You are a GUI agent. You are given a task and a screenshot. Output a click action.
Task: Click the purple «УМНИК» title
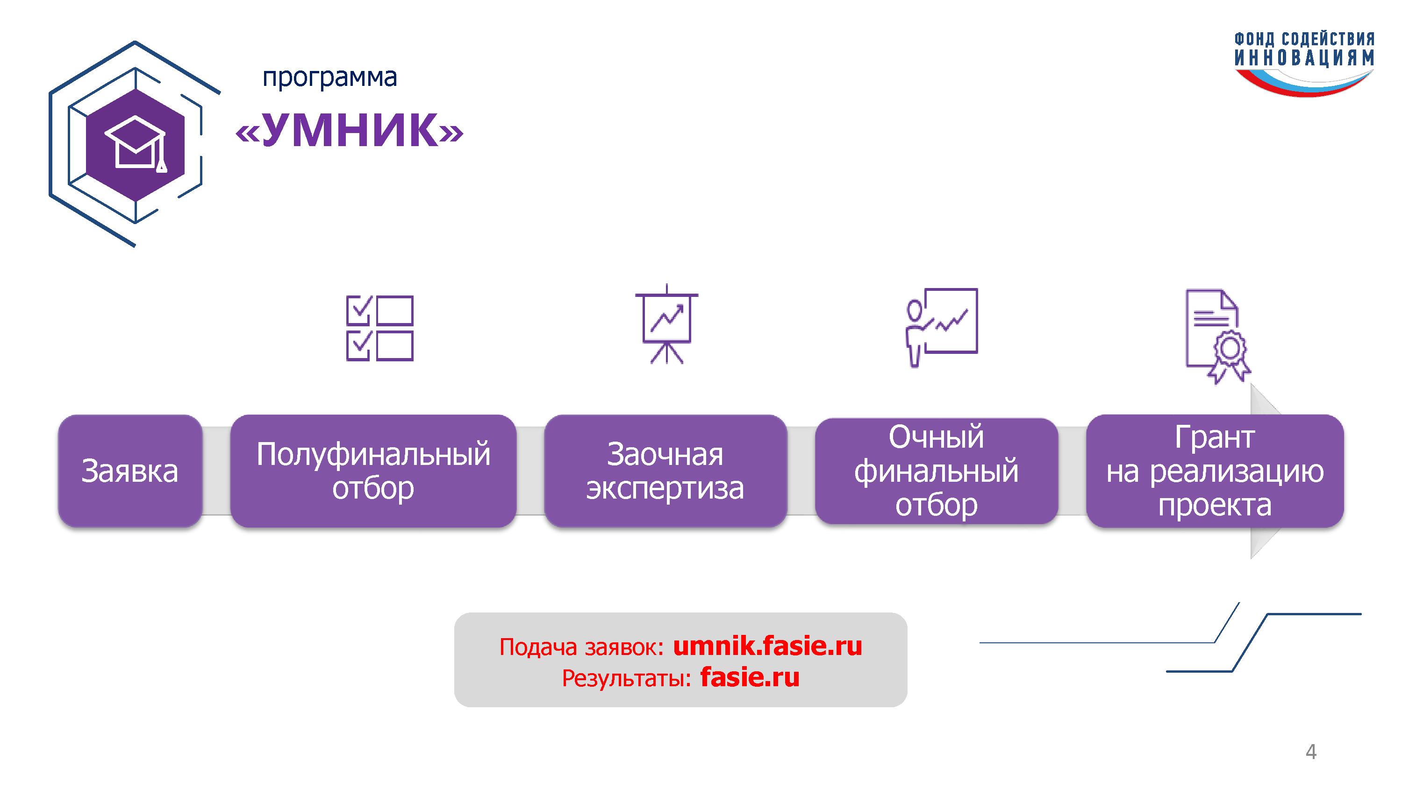tap(350, 131)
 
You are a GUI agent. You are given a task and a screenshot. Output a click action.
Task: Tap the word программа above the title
tap(330, 78)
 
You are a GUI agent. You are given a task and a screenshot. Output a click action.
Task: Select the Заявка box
tap(130, 471)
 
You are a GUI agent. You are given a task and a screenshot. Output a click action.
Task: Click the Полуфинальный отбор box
tap(373, 471)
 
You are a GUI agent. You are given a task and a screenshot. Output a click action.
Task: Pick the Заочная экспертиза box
tap(665, 471)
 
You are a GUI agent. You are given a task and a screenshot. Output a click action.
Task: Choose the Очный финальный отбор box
tap(936, 471)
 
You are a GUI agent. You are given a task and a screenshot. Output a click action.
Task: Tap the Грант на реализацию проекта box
tap(1215, 471)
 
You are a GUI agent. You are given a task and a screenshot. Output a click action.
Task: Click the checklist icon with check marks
tap(380, 329)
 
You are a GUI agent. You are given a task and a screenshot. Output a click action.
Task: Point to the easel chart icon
tap(667, 324)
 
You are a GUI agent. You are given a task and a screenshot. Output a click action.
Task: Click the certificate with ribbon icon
tap(1218, 336)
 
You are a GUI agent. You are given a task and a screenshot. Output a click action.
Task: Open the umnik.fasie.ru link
tap(767, 646)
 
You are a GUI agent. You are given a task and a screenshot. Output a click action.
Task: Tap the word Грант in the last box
tap(1215, 437)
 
